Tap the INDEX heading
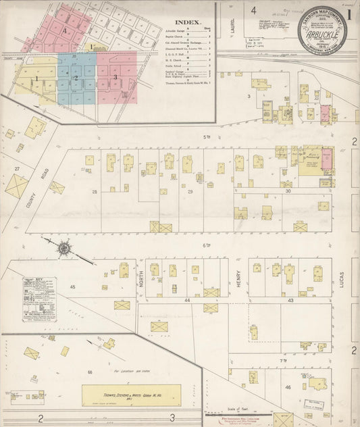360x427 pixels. tap(188, 22)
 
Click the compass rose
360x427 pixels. tap(63, 248)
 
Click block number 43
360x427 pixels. tap(290, 299)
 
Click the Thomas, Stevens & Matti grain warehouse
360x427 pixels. tap(132, 394)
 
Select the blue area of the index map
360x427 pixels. tap(76, 77)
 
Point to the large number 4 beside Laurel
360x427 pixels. tap(254, 10)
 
